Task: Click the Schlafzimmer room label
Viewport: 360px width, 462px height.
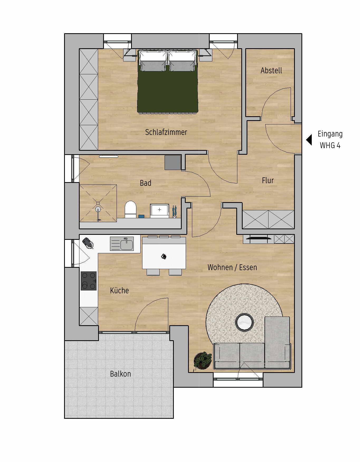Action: tap(166, 132)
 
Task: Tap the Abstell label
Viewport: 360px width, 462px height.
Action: tap(271, 71)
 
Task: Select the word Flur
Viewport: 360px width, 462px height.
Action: tap(268, 181)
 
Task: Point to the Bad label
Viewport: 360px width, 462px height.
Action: tap(146, 183)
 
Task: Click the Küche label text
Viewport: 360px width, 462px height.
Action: tap(119, 290)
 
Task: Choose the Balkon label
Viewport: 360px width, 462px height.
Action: tap(121, 374)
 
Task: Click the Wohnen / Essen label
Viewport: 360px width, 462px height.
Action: tap(232, 268)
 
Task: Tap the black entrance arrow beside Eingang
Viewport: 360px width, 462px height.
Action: tap(309, 140)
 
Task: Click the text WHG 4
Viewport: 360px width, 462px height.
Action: tap(330, 145)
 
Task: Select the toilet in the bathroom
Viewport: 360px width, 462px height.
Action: tap(130, 210)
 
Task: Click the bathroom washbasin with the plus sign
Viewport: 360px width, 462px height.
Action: tap(160, 210)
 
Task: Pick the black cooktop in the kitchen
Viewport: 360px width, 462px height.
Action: tap(89, 281)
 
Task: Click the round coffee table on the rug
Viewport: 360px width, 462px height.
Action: tap(244, 322)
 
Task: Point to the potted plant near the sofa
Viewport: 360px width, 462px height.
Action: tap(203, 360)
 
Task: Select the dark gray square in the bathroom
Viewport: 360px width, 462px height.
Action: tap(173, 163)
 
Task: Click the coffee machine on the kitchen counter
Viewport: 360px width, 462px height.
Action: tap(88, 243)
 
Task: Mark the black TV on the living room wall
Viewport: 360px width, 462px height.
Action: tap(258, 238)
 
